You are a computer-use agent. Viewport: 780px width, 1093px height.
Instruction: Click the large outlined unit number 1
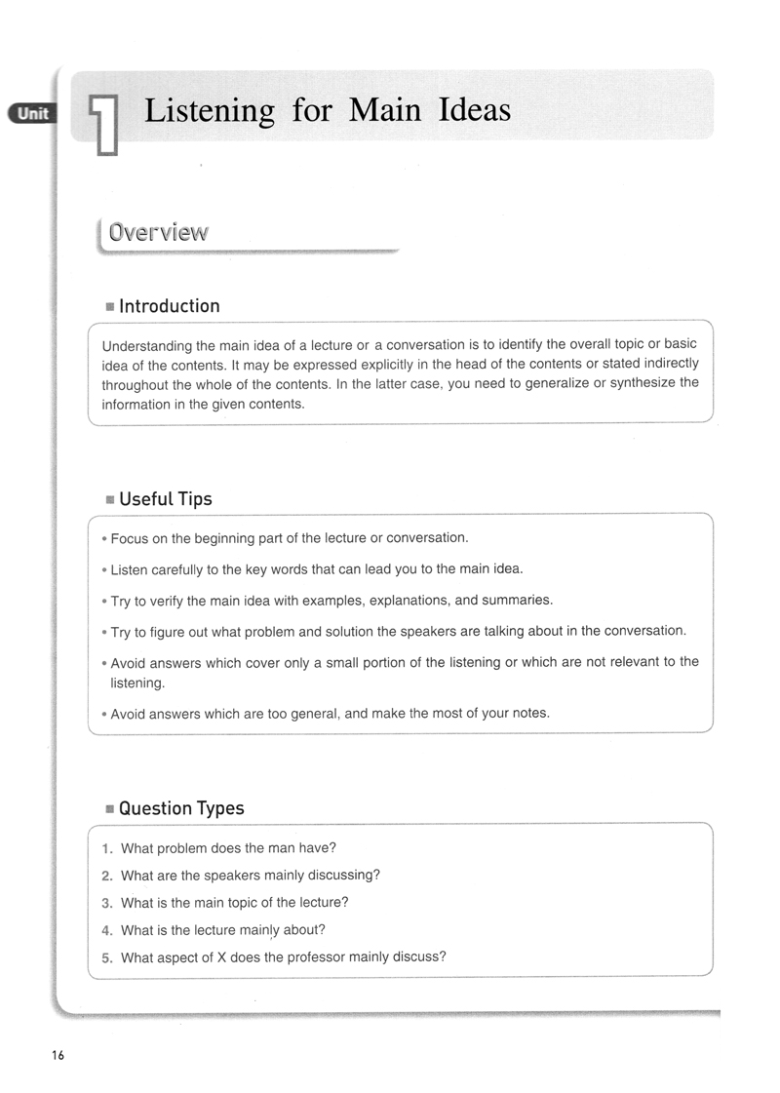[x=105, y=124]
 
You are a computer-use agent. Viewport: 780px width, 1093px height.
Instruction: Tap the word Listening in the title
[x=210, y=110]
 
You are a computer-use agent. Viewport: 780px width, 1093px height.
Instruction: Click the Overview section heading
[x=158, y=233]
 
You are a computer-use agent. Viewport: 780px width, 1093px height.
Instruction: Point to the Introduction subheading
[x=169, y=306]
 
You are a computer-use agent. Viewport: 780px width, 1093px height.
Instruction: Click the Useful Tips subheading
[x=165, y=499]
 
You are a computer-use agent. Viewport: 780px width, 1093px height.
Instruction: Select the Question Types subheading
[x=180, y=808]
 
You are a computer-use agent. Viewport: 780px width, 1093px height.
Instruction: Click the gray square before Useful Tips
[x=110, y=500]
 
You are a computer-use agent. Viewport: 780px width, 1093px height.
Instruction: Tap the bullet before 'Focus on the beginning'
[x=104, y=539]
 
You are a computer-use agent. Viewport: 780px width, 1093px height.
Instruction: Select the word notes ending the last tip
[x=530, y=714]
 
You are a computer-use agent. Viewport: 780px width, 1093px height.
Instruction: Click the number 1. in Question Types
[x=108, y=848]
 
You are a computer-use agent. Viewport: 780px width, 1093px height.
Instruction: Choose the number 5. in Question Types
[x=108, y=957]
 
